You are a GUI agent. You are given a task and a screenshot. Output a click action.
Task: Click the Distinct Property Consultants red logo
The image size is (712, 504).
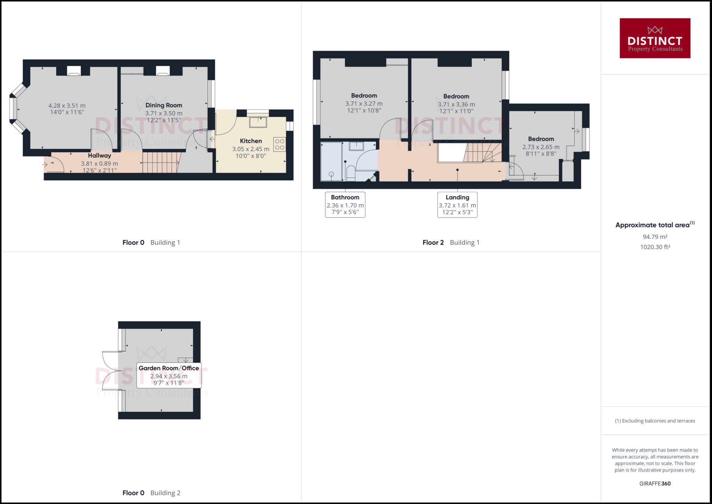click(x=655, y=38)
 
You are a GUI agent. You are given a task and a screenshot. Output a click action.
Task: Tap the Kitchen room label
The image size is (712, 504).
click(x=251, y=141)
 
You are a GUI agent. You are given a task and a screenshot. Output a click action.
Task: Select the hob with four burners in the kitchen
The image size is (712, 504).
click(x=280, y=144)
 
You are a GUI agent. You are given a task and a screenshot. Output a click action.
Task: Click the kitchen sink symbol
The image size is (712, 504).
click(x=258, y=122)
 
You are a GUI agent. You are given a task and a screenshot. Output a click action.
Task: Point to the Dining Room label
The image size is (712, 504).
click(x=163, y=105)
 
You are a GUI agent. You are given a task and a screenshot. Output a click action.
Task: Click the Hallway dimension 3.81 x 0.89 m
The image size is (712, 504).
click(x=99, y=163)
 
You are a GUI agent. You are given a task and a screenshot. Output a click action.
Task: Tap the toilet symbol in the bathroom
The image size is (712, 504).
click(x=350, y=173)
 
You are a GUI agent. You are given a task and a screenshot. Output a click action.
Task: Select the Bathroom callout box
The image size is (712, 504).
click(x=345, y=205)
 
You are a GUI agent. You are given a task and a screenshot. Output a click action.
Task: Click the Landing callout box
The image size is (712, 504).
click(x=457, y=205)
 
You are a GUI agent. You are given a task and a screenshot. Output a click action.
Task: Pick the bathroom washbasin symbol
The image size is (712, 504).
click(x=356, y=146)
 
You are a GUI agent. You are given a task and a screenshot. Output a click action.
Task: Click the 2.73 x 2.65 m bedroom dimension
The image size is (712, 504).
click(x=541, y=147)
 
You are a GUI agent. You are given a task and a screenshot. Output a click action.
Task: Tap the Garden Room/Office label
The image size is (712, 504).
click(x=169, y=368)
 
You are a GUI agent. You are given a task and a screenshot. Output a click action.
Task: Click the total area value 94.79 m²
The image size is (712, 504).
click(x=655, y=237)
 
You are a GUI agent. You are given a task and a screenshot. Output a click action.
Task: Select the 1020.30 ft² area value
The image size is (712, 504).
click(x=655, y=247)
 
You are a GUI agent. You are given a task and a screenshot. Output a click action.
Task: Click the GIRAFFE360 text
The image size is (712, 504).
click(x=655, y=483)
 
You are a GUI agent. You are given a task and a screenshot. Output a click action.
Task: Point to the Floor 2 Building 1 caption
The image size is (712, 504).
click(x=451, y=242)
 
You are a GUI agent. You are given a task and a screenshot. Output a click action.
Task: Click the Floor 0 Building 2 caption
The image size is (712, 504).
click(x=151, y=493)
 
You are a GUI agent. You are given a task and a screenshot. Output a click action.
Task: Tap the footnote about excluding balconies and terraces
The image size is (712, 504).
click(x=655, y=421)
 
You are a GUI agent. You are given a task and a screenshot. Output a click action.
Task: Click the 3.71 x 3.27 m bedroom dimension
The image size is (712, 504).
click(x=364, y=104)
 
